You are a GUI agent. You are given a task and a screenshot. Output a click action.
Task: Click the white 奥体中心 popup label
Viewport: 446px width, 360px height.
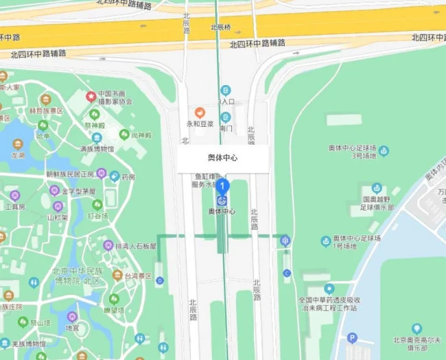(x=223, y=158)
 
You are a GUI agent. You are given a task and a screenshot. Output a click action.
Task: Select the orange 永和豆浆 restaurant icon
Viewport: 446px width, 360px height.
(x=200, y=112)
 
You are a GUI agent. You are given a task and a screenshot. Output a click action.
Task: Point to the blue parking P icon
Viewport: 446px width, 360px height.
(x=352, y=337)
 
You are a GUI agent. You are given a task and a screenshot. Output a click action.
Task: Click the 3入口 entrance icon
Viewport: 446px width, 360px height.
(x=226, y=91)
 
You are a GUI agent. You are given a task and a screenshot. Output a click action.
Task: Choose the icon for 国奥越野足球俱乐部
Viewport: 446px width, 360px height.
(x=376, y=188)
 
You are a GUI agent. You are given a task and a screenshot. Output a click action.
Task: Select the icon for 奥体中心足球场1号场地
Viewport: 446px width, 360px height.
(x=326, y=241)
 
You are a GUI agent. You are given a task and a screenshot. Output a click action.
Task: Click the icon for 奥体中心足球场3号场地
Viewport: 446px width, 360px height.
(x=384, y=150)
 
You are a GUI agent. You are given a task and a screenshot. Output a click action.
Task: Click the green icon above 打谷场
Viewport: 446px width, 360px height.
(x=97, y=204)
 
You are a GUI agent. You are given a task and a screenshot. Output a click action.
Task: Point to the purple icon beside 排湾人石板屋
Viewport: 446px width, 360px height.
(x=108, y=245)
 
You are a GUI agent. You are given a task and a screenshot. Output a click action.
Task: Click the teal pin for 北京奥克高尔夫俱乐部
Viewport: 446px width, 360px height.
(x=416, y=329)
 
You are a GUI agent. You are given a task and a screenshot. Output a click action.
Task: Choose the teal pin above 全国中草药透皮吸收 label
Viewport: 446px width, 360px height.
(x=329, y=289)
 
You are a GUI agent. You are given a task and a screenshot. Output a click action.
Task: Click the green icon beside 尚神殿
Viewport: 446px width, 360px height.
(x=124, y=134)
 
